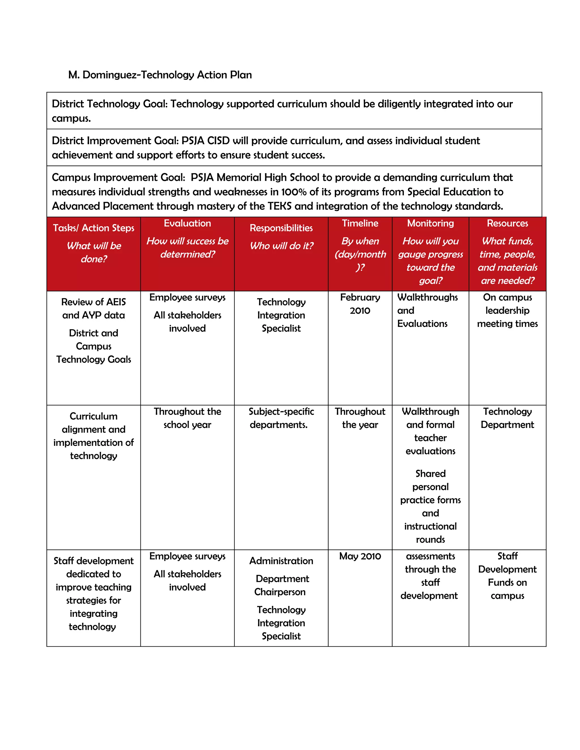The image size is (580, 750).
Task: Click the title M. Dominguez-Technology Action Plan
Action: [160, 75]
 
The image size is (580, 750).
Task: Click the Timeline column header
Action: [360, 223]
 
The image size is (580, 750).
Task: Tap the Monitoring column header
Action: [430, 223]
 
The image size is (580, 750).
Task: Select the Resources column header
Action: [507, 223]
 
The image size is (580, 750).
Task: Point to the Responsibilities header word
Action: [281, 228]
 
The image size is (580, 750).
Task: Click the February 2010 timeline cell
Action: [360, 304]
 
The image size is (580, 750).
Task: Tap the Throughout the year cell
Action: [360, 418]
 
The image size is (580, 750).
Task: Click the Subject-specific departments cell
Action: [281, 418]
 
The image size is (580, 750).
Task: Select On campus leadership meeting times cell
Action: [507, 310]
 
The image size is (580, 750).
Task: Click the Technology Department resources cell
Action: [507, 418]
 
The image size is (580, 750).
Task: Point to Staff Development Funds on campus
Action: [507, 576]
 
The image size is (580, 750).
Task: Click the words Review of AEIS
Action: [93, 302]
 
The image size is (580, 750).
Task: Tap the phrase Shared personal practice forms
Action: [430, 487]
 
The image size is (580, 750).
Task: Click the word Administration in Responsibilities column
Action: [281, 561]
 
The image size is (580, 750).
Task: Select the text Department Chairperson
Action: [281, 585]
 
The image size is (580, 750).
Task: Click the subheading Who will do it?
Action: [281, 246]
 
